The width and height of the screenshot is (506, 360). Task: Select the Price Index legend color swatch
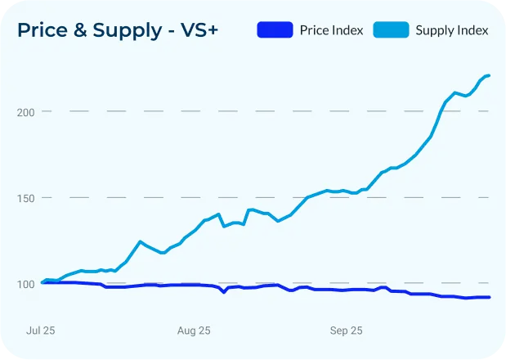pyautogui.click(x=274, y=30)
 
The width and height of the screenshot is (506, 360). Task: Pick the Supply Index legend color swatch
pyautogui.click(x=391, y=30)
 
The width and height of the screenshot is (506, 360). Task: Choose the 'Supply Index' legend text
pyautogui.click(x=451, y=30)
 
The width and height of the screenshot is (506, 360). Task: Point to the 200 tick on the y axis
pyautogui.click(x=27, y=111)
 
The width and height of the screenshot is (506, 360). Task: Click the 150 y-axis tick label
pyautogui.click(x=27, y=198)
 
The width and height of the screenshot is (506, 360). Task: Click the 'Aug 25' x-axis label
pyautogui.click(x=194, y=331)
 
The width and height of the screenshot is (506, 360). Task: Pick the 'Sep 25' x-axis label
pyautogui.click(x=346, y=331)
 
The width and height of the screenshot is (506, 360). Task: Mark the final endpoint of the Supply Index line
pyautogui.click(x=489, y=76)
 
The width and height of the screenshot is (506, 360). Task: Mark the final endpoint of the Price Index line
pyautogui.click(x=489, y=297)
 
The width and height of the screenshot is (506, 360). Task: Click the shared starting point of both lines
pyautogui.click(x=43, y=282)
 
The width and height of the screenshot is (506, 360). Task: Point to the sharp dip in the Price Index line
pyautogui.click(x=223, y=292)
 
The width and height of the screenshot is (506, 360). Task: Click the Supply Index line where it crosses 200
pyautogui.click(x=442, y=110)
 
